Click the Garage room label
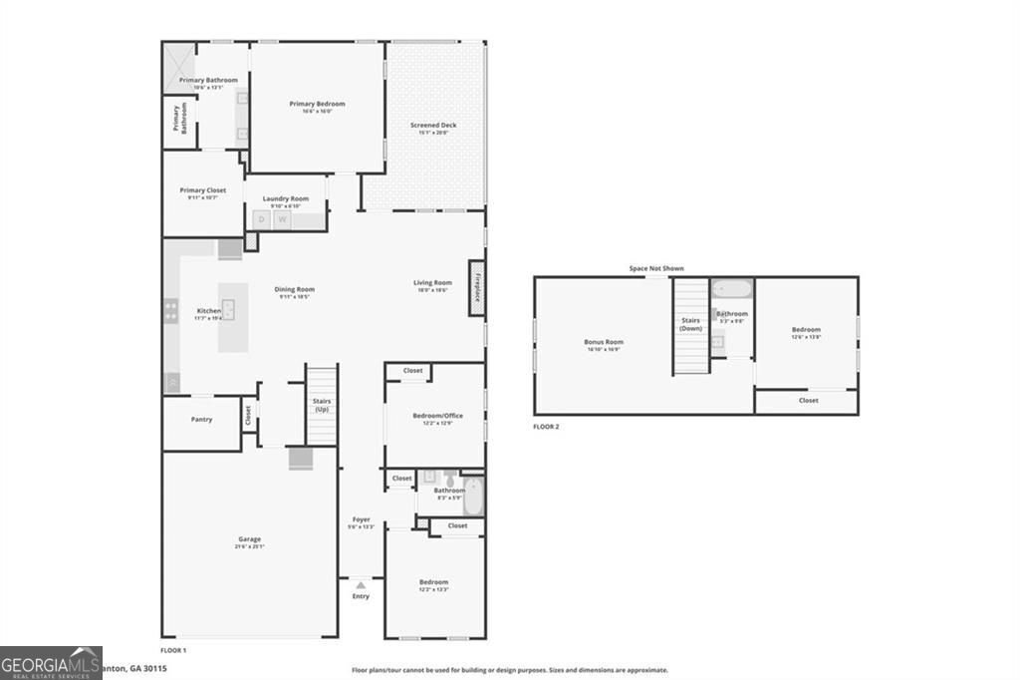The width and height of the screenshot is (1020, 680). click(249, 539)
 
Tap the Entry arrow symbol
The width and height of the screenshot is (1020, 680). click(361, 585)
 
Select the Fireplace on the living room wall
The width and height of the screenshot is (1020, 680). click(477, 288)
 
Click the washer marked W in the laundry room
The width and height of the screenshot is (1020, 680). click(283, 219)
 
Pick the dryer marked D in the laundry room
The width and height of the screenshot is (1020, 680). click(262, 219)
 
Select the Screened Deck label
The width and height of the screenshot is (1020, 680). click(433, 126)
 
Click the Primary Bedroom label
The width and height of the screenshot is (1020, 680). click(317, 104)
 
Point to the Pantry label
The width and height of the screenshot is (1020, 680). click(201, 420)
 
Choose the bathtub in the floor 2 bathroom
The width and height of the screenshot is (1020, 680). click(732, 291)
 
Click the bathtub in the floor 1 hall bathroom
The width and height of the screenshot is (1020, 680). click(474, 496)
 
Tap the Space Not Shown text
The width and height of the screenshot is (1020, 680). click(656, 268)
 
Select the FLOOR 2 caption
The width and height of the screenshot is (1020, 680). click(546, 427)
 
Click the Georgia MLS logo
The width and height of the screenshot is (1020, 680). click(51, 662)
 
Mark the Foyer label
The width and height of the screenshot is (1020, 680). click(361, 519)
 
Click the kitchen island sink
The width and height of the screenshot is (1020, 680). click(230, 310)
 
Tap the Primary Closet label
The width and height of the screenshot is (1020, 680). click(203, 190)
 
